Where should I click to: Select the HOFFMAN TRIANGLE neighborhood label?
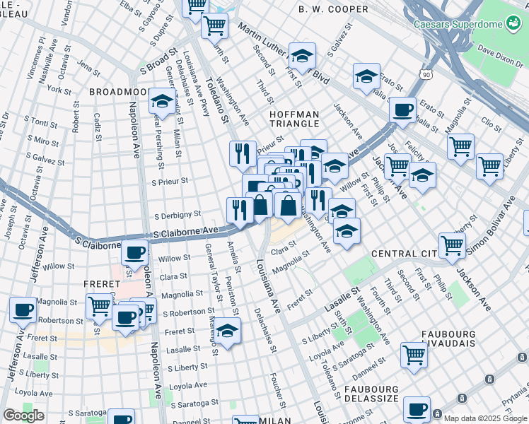click(x=294, y=119)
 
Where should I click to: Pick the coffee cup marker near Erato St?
click(x=402, y=110)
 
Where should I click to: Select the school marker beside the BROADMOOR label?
click(x=162, y=101)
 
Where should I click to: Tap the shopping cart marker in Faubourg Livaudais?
click(x=414, y=354)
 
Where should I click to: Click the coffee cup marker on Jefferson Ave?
click(x=23, y=309)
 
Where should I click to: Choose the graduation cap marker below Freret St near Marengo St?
click(x=227, y=330)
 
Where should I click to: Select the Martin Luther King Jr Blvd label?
click(x=283, y=53)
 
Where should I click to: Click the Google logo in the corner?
click(x=23, y=416)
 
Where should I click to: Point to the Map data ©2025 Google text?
click(x=484, y=417)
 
